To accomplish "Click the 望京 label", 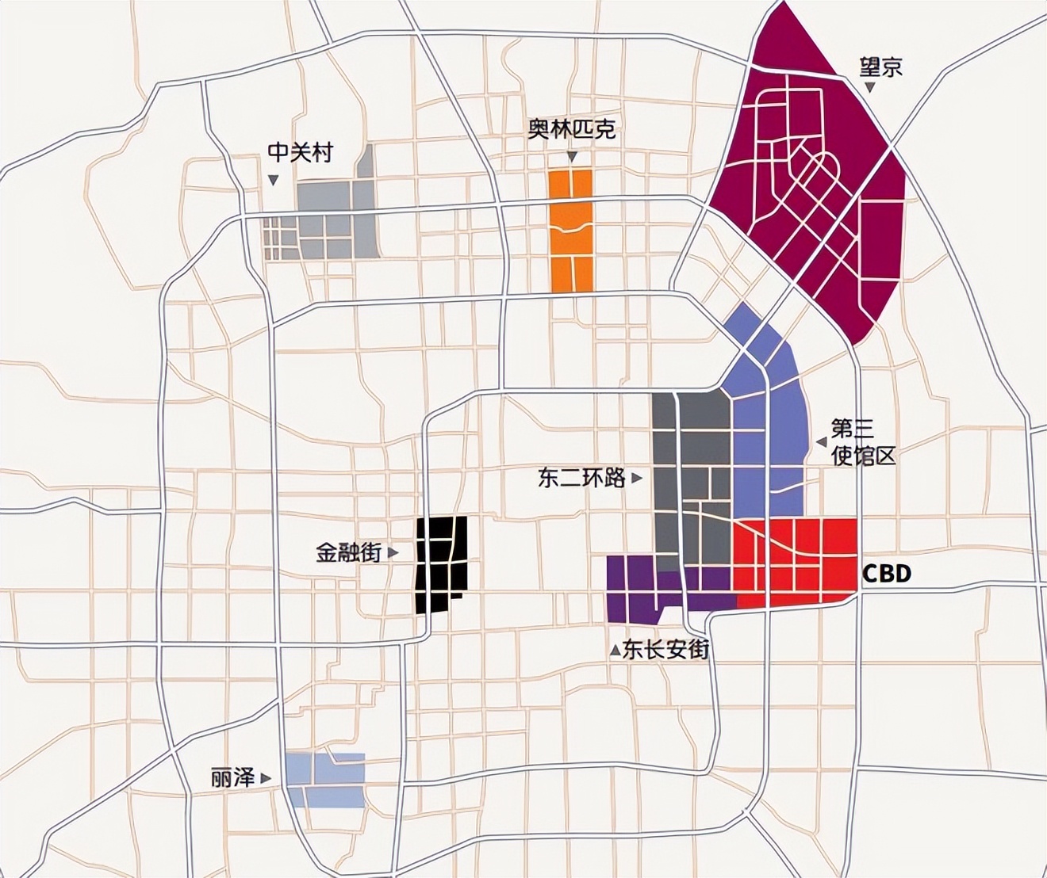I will click(881, 67).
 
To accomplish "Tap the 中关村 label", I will click(300, 152).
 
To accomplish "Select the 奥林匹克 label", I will click(572, 130).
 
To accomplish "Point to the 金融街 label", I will click(348, 552).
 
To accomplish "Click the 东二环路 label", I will click(581, 478).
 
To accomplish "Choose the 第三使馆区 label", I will click(863, 442).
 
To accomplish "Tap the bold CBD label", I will click(886, 574).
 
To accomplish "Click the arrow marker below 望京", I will click(870, 88).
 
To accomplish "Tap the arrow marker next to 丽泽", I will click(266, 779).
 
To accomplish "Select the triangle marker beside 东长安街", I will click(615, 651).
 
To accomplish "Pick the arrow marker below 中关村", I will click(274, 180).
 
